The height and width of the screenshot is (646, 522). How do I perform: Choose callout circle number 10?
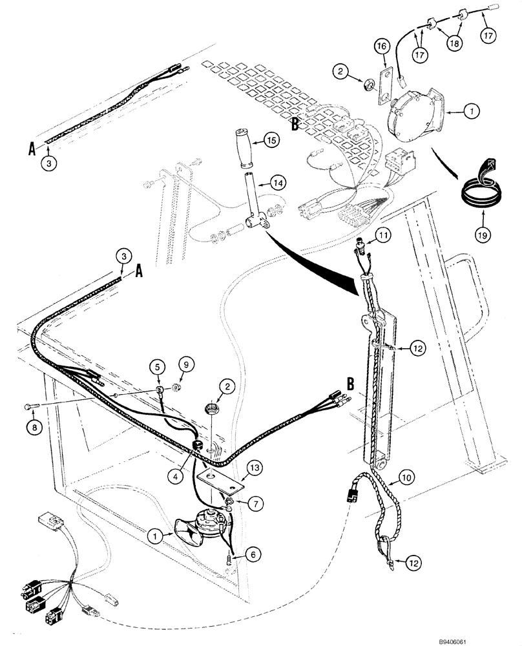(x=406, y=479)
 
